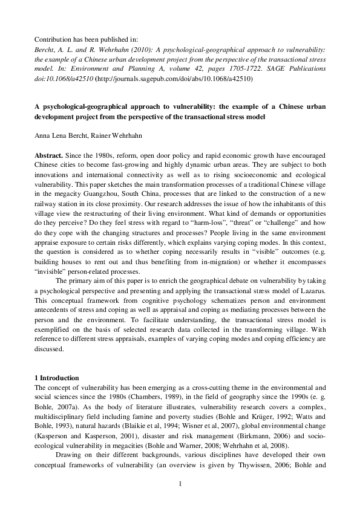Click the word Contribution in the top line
point(53,37)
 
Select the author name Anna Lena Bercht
point(60,136)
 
